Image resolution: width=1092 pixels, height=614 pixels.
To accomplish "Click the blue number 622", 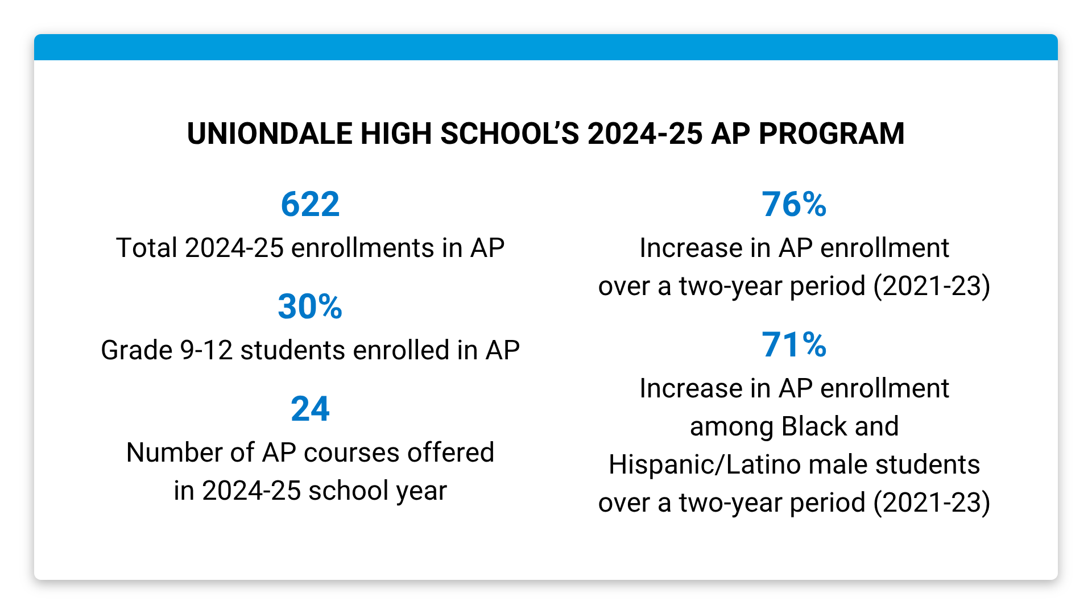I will point(310,205).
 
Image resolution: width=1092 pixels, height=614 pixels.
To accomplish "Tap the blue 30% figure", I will point(310,307).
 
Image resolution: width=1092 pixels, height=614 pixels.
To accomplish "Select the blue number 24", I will point(310,409).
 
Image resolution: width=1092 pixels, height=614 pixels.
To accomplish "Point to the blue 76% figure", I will point(794,205).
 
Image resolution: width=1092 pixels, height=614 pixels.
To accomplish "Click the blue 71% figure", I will point(794,345).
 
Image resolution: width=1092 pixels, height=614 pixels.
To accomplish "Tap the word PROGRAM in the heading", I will point(832,134).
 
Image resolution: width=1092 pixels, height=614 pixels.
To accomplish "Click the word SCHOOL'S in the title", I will point(510,134).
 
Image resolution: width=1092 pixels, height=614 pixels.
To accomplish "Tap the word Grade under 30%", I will point(136,351).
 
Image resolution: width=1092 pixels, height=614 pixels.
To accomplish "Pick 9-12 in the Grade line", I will point(206,351).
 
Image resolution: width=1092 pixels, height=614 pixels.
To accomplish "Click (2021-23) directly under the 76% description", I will point(932,286).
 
